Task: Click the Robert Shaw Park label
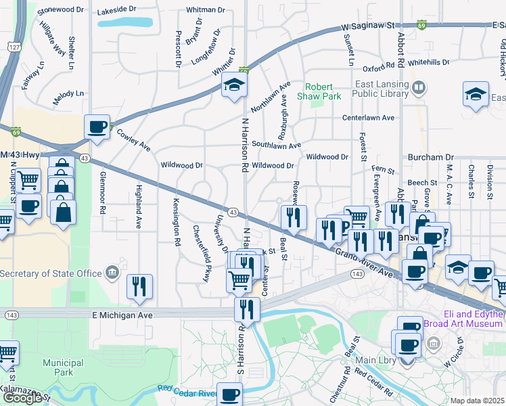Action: (x=323, y=91)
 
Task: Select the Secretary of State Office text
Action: (x=51, y=273)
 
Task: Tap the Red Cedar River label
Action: (x=187, y=391)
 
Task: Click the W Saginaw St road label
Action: (x=368, y=26)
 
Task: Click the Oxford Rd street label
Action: (x=378, y=68)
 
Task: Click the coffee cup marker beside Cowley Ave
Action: (x=97, y=127)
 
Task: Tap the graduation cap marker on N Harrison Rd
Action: (x=234, y=85)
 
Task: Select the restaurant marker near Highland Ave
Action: (x=140, y=286)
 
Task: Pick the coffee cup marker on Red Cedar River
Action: (x=229, y=394)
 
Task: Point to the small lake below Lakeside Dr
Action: (x=124, y=21)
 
